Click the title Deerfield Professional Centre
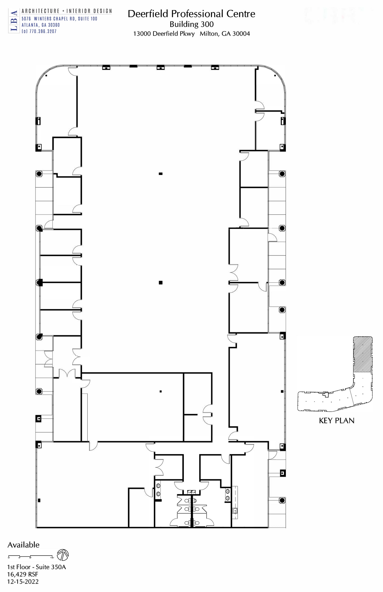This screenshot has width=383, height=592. click(x=191, y=14)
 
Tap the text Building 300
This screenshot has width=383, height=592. click(x=191, y=24)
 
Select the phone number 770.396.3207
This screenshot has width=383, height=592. click(x=43, y=32)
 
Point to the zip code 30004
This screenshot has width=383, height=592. click(x=241, y=34)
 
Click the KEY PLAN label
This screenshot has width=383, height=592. click(x=336, y=421)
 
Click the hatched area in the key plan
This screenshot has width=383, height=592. click(x=363, y=354)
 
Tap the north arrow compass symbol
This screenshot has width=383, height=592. click(x=63, y=555)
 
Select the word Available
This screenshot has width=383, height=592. click(x=23, y=545)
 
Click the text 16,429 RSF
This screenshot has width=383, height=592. click(x=23, y=574)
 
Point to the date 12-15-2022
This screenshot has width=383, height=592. click(x=23, y=582)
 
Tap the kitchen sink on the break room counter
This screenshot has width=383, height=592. click(x=235, y=511)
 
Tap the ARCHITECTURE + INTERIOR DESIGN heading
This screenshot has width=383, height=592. click(x=67, y=11)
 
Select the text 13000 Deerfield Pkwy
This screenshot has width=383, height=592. click(x=164, y=34)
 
